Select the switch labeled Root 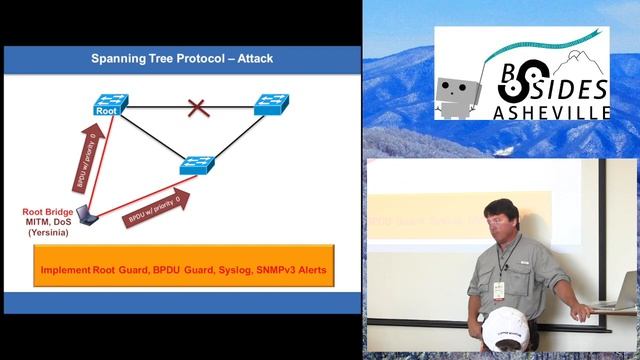pyautogui.click(x=108, y=105)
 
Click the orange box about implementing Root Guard pyautogui.click(x=182, y=271)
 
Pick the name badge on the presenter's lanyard pyautogui.click(x=497, y=291)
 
